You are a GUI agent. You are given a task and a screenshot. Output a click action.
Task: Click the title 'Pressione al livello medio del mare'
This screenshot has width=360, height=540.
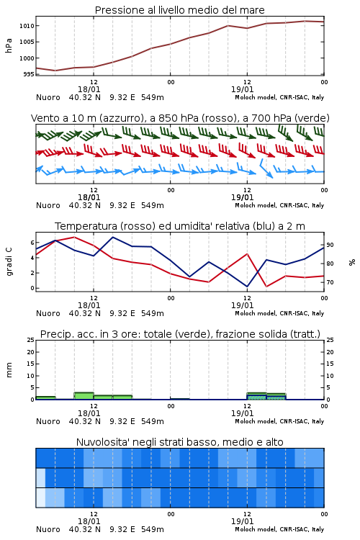pyautogui.click(x=179, y=10)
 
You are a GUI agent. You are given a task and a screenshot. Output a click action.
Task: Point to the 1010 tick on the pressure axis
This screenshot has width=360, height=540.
pyautogui.click(x=27, y=26)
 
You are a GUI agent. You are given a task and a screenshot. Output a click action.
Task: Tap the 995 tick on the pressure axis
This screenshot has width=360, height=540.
pyautogui.click(x=29, y=74)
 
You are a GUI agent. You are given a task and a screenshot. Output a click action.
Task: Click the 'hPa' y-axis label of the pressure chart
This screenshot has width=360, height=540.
pyautogui.click(x=9, y=45)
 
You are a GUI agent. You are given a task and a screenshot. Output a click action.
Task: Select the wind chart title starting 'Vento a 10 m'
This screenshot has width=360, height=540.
pyautogui.click(x=180, y=118)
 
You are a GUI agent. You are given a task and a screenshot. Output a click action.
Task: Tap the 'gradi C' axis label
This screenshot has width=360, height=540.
pyautogui.click(x=9, y=262)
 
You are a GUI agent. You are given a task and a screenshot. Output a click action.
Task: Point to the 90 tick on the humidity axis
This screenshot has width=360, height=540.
pyautogui.click(x=330, y=245)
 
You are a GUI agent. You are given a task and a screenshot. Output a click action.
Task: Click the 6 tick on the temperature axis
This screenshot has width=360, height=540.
pyautogui.click(x=32, y=243)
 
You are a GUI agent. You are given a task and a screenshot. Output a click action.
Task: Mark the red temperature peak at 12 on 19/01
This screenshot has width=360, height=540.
pyautogui.click(x=247, y=254)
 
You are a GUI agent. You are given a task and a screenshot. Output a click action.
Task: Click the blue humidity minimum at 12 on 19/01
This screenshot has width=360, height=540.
pyautogui.click(x=247, y=287)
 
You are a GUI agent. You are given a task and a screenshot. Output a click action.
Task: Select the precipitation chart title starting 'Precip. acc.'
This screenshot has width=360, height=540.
pyautogui.click(x=180, y=334)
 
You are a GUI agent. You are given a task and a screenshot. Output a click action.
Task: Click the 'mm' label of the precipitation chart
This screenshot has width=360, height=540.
pyautogui.click(x=9, y=370)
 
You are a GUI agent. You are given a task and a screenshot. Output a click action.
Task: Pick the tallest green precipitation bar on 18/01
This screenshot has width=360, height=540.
pyautogui.click(x=84, y=396)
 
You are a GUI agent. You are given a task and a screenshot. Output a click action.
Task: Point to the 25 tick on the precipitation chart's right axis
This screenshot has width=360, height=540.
pyautogui.click(x=330, y=340)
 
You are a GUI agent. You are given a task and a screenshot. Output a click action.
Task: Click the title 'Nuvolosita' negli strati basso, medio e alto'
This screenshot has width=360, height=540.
pyautogui.click(x=179, y=442)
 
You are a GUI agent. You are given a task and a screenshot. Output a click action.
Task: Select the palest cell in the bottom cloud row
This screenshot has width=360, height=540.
pyautogui.click(x=40, y=498)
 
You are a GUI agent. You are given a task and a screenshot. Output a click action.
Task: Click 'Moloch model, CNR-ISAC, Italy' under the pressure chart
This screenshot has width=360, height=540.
pyautogui.click(x=279, y=97)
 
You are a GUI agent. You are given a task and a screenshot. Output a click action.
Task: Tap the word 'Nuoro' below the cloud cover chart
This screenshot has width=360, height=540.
pyautogui.click(x=48, y=529)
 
